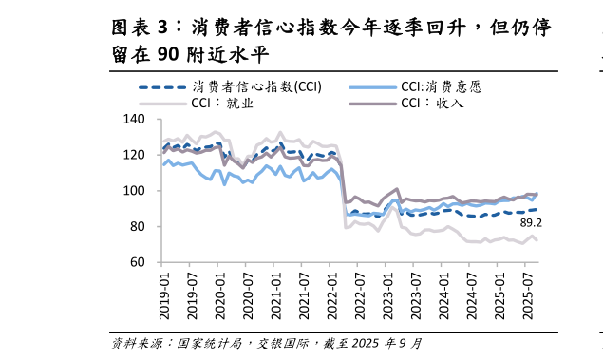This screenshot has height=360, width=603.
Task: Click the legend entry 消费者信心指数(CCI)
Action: [254, 86]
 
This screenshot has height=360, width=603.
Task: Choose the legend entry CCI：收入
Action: [433, 103]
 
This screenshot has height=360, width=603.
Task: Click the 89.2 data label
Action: [531, 223]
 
